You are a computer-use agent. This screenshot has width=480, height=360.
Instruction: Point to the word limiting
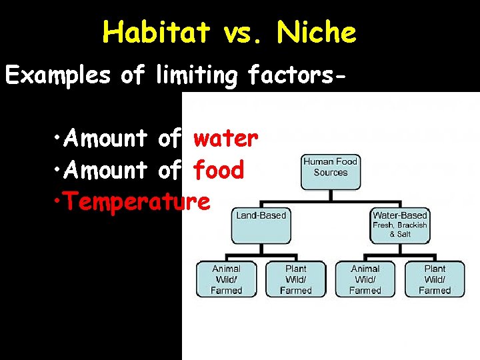click(x=196, y=76)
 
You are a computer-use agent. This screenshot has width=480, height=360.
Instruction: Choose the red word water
click(x=225, y=139)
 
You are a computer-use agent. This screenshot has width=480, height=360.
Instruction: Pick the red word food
click(x=219, y=171)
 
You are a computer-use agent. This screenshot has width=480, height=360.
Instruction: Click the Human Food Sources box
click(x=330, y=172)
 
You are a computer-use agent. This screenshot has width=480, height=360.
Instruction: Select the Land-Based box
click(x=261, y=225)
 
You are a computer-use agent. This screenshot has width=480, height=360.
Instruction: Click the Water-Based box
click(x=400, y=225)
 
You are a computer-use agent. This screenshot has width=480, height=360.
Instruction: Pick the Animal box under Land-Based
click(x=226, y=279)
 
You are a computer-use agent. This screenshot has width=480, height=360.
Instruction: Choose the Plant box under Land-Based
click(x=295, y=279)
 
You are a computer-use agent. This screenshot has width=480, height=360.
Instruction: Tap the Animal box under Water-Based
click(x=365, y=279)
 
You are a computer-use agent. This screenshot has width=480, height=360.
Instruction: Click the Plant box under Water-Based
click(x=435, y=279)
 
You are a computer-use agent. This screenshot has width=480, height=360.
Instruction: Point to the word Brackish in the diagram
click(x=412, y=225)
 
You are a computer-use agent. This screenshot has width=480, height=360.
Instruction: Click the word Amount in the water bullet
click(x=106, y=139)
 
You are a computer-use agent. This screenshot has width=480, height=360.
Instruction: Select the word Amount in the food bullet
click(x=106, y=171)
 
